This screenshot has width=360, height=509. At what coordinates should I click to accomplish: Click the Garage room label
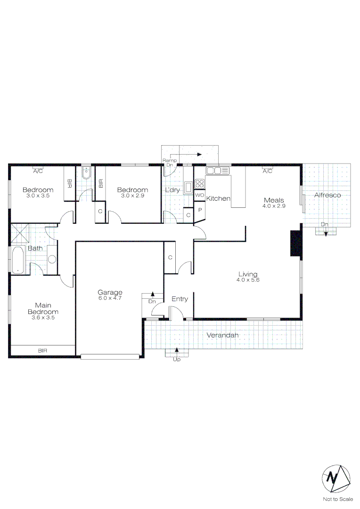(x=110, y=292)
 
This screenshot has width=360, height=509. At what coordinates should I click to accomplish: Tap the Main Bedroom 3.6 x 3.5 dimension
(x=43, y=318)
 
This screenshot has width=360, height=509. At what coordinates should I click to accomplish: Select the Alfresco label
(x=327, y=195)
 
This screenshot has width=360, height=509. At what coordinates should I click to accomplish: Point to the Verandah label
(x=223, y=335)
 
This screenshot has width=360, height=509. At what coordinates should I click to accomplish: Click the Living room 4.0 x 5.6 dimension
(x=248, y=280)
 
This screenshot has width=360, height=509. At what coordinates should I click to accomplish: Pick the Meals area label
(x=274, y=200)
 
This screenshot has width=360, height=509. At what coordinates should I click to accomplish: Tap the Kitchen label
(x=219, y=198)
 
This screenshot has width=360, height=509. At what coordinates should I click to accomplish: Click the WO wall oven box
(x=200, y=195)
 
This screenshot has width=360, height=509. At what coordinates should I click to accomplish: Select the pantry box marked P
(x=200, y=210)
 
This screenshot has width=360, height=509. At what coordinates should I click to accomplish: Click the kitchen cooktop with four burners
(x=200, y=184)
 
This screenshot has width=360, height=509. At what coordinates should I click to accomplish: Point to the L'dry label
(x=172, y=190)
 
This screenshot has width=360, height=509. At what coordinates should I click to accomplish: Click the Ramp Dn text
(x=170, y=163)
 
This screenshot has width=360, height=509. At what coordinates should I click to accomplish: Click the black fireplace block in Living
(x=296, y=244)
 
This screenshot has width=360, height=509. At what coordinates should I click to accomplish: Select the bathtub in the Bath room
(x=18, y=260)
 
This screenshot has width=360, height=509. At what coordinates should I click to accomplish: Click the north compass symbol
(x=336, y=479)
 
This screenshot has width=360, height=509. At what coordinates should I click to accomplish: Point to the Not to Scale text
(x=338, y=499)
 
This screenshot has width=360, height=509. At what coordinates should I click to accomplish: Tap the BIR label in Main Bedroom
(x=42, y=351)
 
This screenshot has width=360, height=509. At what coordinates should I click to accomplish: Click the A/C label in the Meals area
(x=268, y=171)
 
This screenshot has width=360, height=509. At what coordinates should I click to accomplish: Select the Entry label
(x=180, y=299)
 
